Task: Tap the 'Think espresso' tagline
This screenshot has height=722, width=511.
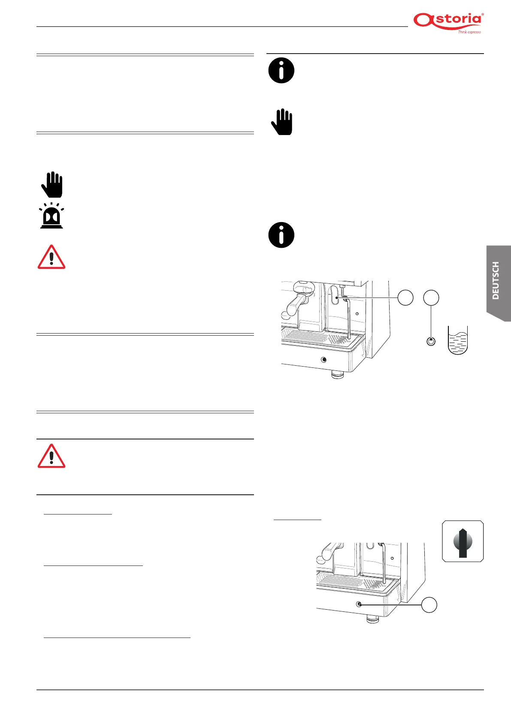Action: (469, 32)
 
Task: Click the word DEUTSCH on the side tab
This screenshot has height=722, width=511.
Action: (496, 280)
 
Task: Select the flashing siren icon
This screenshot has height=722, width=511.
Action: (51, 217)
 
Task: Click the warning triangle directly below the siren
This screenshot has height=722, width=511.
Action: (51, 258)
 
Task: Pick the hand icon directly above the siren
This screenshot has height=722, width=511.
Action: (52, 185)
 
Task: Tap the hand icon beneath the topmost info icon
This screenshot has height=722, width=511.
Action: (281, 122)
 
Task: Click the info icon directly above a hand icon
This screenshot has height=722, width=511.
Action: (281, 70)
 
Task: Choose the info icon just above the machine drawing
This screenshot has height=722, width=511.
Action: (281, 235)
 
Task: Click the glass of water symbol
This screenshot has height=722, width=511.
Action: (457, 340)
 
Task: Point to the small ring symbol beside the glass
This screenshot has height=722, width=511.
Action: (431, 341)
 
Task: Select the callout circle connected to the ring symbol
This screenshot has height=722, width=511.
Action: (431, 298)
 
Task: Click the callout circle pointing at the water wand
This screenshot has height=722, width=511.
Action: (405, 298)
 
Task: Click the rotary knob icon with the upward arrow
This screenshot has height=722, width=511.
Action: (463, 541)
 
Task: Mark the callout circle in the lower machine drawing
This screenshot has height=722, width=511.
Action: (429, 605)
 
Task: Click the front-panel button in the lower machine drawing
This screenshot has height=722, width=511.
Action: (360, 604)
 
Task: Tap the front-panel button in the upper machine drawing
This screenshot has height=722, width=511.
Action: (324, 359)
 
